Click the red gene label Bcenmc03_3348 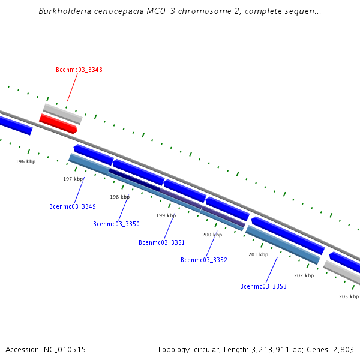(79, 70)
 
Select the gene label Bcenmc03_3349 (72, 206)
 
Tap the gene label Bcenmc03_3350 (116, 224)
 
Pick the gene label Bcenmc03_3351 (161, 242)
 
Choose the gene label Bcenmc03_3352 (203, 260)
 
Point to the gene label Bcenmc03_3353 (263, 286)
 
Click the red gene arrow (58, 124)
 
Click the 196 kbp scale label (25, 161)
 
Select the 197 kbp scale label (73, 179)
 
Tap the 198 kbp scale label (119, 197)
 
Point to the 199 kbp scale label (166, 215)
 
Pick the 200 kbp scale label (212, 235)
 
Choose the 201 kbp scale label (258, 254)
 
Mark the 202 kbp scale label (304, 275)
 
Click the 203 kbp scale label (349, 296)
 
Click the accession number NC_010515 (64, 349)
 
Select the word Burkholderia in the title (64, 11)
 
